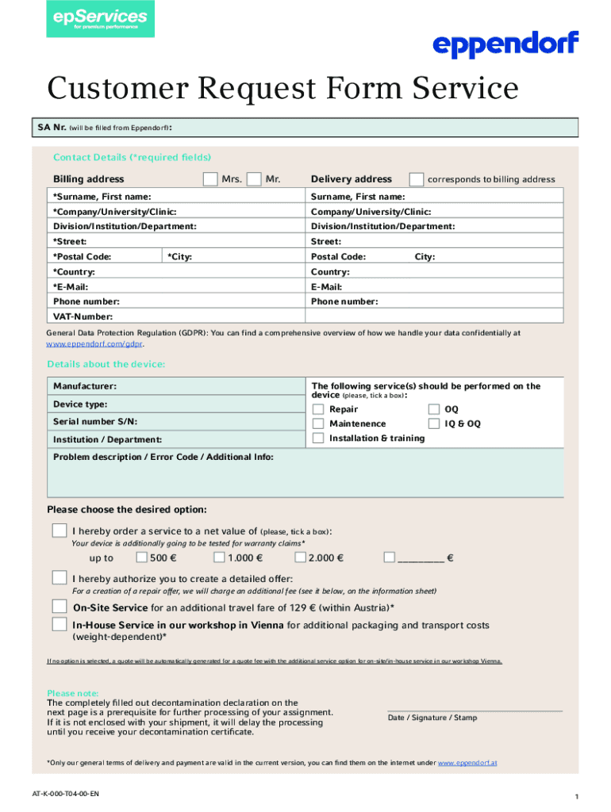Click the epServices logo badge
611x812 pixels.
pyautogui.click(x=100, y=19)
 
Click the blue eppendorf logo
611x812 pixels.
pyautogui.click(x=505, y=44)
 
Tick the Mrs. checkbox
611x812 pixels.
pyautogui.click(x=209, y=179)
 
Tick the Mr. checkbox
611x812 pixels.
pyautogui.click(x=254, y=179)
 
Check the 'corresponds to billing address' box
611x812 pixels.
pyautogui.click(x=416, y=179)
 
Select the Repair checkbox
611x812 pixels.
pyautogui.click(x=318, y=409)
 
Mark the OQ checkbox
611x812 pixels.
pyautogui.click(x=434, y=409)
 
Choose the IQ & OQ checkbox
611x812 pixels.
pyautogui.click(x=434, y=423)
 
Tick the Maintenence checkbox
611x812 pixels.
pyautogui.click(x=318, y=423)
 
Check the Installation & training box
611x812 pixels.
pyautogui.click(x=318, y=438)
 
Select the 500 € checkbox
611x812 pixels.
pyautogui.click(x=141, y=557)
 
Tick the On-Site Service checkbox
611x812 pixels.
pyautogui.click(x=60, y=607)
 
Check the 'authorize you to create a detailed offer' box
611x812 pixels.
pyautogui.click(x=60, y=576)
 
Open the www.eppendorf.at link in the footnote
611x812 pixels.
pyautogui.click(x=467, y=763)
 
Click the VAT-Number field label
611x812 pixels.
pyautogui.click(x=82, y=316)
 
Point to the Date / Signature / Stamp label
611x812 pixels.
pyautogui.click(x=432, y=718)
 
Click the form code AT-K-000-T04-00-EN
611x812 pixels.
pyautogui.click(x=66, y=793)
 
